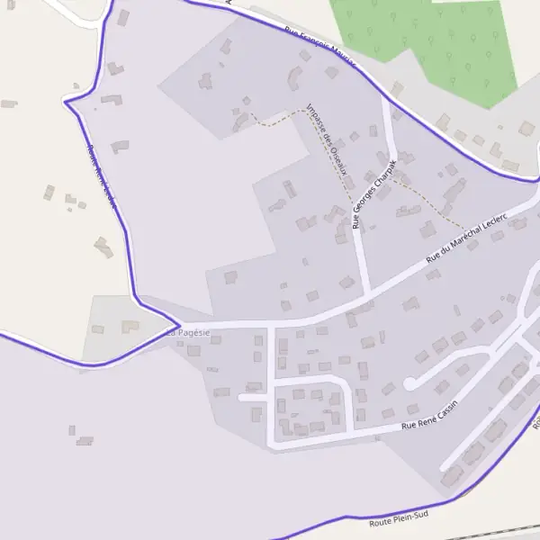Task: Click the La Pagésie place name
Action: [188, 333]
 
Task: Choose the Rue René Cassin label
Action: [430, 414]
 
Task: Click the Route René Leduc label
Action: [102, 175]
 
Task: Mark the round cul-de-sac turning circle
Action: [409, 384]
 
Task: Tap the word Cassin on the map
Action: [445, 409]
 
